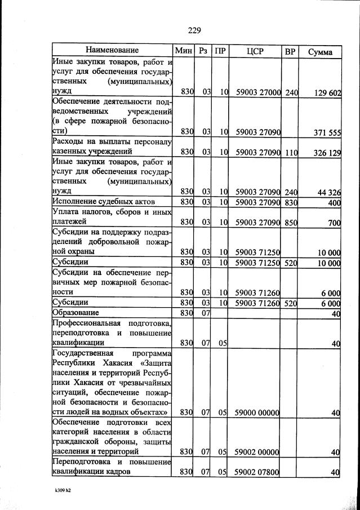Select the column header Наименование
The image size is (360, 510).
click(112, 51)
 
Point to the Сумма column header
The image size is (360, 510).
click(320, 52)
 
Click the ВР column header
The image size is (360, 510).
click(290, 51)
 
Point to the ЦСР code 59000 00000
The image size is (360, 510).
click(257, 413)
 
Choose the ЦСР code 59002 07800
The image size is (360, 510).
click(257, 472)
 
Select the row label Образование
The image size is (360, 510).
click(75, 313)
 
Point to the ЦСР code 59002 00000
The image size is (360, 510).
click(257, 452)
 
